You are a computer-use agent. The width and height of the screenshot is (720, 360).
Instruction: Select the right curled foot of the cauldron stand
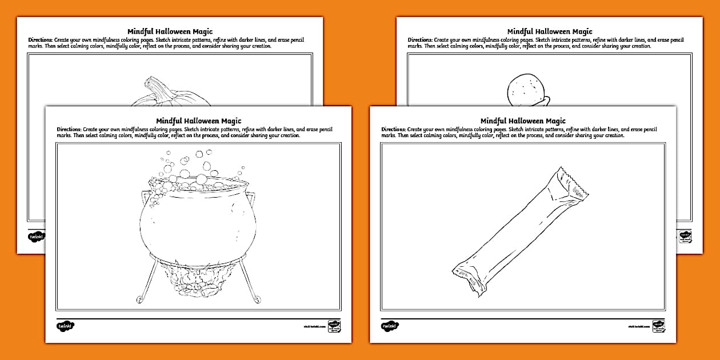[x=257, y=298]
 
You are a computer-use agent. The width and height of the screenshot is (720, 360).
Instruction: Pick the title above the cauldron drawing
[x=198, y=121]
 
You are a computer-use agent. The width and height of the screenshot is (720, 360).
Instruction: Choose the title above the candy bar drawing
[x=523, y=121]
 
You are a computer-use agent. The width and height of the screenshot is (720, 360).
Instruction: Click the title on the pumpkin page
[x=170, y=31]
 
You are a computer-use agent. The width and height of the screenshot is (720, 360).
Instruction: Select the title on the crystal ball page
[x=550, y=31]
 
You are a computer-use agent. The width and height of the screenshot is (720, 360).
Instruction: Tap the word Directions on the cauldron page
[x=69, y=129]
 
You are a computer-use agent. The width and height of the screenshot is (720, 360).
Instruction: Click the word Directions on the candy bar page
[x=393, y=129]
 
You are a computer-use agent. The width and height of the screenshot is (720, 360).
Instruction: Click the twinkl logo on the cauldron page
[x=66, y=326]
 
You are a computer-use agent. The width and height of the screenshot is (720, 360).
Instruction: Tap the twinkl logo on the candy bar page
[x=390, y=326]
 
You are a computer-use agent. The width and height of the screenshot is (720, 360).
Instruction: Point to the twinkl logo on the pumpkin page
[x=35, y=236]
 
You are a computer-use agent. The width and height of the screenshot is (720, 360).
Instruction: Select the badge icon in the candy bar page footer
[x=658, y=326]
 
